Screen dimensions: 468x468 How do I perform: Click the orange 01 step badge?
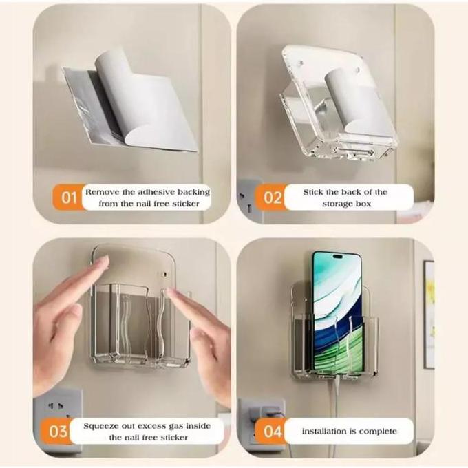pyautogui.click(x=69, y=198)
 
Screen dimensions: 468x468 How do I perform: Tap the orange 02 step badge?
pyautogui.click(x=273, y=198)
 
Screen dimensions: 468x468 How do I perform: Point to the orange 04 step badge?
pyautogui.click(x=273, y=432)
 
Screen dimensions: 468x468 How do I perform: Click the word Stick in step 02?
pyautogui.click(x=315, y=192)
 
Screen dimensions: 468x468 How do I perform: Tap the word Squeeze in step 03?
pyautogui.click(x=105, y=425)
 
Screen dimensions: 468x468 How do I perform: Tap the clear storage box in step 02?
pyautogui.click(x=337, y=103)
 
